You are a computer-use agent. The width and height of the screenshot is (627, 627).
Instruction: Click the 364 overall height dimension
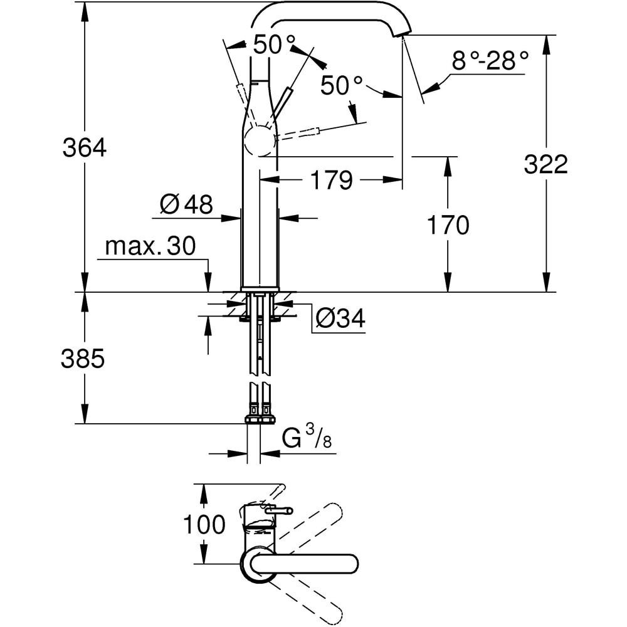click(x=85, y=149)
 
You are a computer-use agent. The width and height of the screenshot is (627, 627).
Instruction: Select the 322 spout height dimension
click(x=545, y=164)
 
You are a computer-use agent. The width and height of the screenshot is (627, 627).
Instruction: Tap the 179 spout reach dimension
click(x=331, y=181)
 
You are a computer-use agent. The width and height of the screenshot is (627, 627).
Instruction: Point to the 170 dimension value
click(x=448, y=224)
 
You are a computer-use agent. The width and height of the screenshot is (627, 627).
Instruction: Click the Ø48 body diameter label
click(x=186, y=204)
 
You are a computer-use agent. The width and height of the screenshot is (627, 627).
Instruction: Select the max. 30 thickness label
click(x=150, y=246)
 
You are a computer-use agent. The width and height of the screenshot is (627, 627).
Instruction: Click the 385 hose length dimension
click(x=83, y=359)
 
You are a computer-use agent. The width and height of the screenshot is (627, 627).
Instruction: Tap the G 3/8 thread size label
click(x=306, y=438)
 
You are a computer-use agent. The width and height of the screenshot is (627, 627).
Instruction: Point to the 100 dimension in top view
click(x=204, y=524)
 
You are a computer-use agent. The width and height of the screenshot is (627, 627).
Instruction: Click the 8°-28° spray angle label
click(x=490, y=61)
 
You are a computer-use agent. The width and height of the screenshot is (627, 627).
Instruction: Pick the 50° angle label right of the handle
click(x=342, y=85)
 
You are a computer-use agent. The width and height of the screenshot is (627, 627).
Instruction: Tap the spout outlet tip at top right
click(x=403, y=31)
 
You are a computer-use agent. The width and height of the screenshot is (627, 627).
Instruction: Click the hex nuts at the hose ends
click(x=260, y=419)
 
